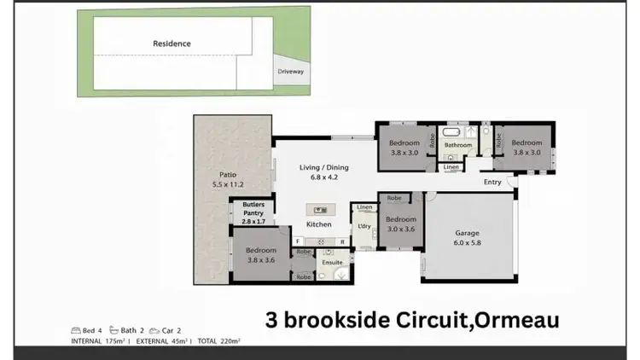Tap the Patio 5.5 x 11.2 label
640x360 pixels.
(x=228, y=178)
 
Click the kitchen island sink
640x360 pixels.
(x=321, y=207)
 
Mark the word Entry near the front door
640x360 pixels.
(x=492, y=182)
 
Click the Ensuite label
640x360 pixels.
(x=331, y=262)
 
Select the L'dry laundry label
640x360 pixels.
(x=364, y=225)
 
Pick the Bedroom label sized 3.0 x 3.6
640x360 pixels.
(x=400, y=224)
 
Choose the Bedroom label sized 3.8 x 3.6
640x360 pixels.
(x=261, y=255)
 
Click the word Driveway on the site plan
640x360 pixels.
(x=290, y=72)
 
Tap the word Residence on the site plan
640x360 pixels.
(x=172, y=43)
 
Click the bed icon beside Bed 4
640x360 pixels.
(x=76, y=330)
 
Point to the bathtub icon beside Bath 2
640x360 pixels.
(x=113, y=330)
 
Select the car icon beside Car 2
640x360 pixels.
(x=154, y=330)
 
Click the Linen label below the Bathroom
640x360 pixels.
(x=451, y=166)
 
